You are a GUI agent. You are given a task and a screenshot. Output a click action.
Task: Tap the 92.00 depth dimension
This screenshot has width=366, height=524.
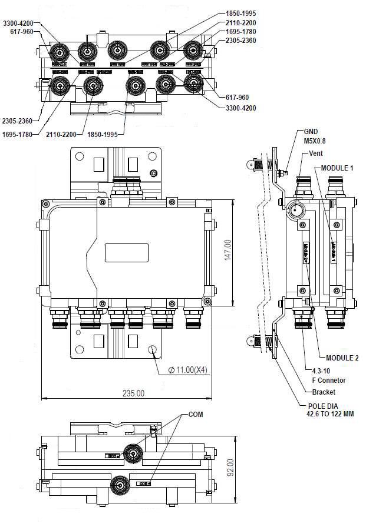point(231,467)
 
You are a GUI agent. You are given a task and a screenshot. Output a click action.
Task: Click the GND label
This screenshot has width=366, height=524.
point(311,132)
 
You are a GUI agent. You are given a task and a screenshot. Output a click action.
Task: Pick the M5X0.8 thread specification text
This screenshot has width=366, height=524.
point(316,141)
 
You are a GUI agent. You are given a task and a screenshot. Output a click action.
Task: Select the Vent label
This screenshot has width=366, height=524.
point(316,153)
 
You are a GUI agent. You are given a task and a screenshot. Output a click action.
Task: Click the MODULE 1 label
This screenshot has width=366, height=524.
point(337,168)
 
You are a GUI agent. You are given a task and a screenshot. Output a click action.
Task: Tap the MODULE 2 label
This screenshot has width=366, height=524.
point(342,358)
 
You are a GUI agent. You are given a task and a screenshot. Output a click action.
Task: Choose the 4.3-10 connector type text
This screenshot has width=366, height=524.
point(322,371)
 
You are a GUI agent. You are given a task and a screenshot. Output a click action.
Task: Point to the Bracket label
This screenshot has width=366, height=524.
point(324,392)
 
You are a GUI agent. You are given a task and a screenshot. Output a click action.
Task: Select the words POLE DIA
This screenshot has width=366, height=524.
point(324,406)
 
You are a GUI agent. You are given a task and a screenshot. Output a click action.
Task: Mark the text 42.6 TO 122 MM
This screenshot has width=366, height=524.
point(331,414)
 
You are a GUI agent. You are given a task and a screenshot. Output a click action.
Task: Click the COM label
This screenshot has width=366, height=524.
point(196,414)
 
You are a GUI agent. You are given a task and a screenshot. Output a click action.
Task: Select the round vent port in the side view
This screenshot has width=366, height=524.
point(295,209)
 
